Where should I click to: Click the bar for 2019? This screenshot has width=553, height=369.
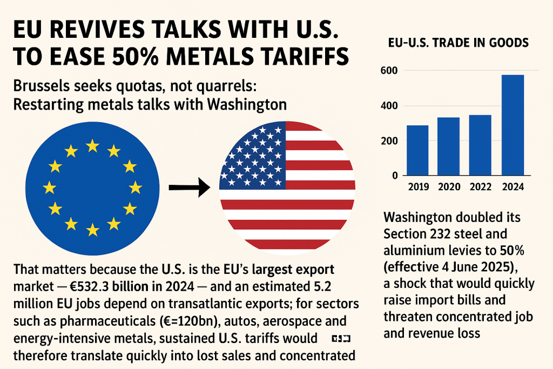pyautogui.click(x=417, y=150)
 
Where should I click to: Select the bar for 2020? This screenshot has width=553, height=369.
pyautogui.click(x=449, y=146)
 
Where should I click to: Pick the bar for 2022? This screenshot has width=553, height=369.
pyautogui.click(x=480, y=145)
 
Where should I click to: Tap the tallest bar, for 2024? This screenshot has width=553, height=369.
pyautogui.click(x=512, y=125)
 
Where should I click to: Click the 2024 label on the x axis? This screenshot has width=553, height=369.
pyautogui.click(x=512, y=187)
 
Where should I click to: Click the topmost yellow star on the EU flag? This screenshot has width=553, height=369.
pyautogui.click(x=92, y=145)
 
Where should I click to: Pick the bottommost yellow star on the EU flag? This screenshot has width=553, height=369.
pyautogui.click(x=92, y=230)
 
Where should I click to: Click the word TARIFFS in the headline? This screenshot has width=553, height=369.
pyautogui.click(x=299, y=57)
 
